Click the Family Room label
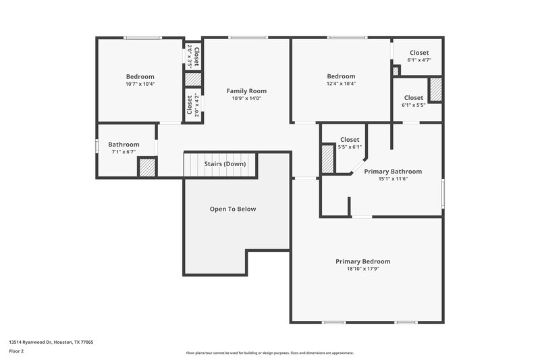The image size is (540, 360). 246,91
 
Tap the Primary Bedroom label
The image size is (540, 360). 362,261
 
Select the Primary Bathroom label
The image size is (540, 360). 393,172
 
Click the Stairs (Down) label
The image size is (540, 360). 225,164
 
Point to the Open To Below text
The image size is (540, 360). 233,209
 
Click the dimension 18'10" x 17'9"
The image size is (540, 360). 362,269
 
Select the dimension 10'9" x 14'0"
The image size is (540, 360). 246,99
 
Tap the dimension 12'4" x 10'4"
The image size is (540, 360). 341,84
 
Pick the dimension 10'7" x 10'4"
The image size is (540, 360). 140,84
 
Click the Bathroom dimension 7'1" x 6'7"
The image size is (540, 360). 124,152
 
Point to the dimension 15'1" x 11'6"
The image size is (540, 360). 393,179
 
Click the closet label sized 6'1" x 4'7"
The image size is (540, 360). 418,53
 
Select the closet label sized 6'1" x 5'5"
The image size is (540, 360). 413,98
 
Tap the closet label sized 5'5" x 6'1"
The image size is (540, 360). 350,140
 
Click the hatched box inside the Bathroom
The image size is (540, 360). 147,167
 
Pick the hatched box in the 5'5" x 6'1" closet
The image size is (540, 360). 328,159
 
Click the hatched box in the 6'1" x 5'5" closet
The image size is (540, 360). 435,90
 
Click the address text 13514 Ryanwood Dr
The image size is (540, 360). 51,342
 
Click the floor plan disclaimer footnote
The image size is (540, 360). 269,353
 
